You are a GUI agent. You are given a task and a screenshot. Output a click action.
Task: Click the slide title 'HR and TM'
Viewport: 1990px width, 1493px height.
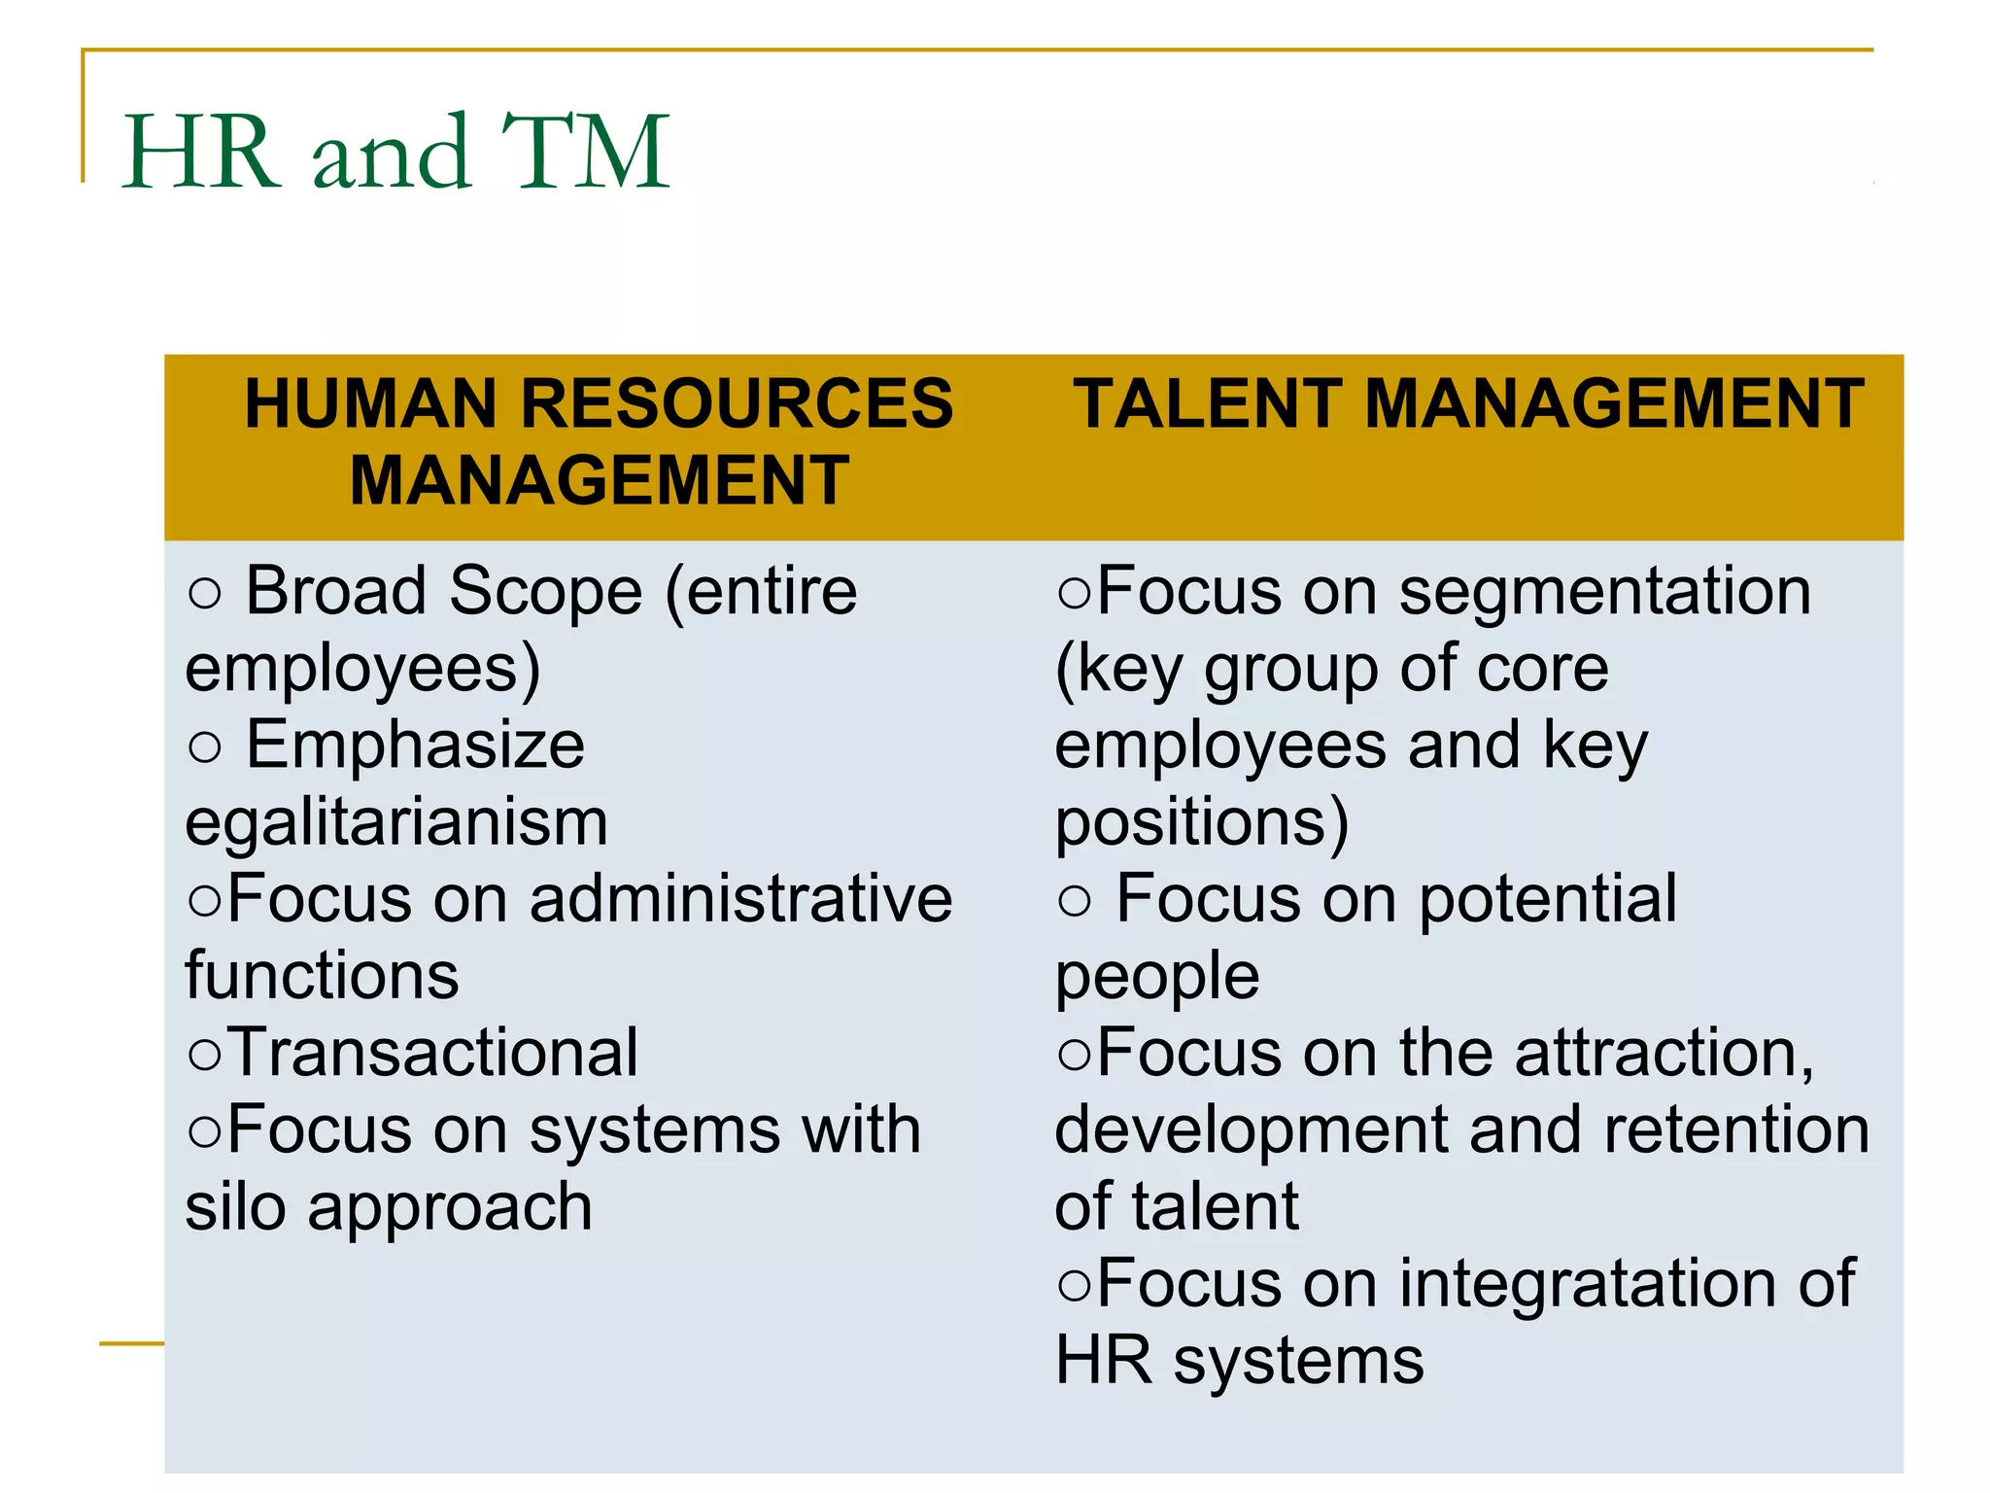click(x=395, y=152)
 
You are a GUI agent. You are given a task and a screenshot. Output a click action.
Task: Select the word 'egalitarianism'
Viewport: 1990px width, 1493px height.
click(x=396, y=823)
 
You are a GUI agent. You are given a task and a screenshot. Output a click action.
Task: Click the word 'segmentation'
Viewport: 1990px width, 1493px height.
click(x=1604, y=591)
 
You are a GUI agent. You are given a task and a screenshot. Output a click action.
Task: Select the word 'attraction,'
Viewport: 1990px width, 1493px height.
click(x=1664, y=1053)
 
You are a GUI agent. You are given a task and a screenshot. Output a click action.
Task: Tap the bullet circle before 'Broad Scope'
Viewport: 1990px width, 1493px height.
click(x=205, y=593)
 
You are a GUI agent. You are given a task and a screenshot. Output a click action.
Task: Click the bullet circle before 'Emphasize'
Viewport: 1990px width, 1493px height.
click(x=205, y=747)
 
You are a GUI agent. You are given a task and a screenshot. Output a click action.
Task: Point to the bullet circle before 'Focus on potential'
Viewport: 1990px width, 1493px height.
click(x=1076, y=901)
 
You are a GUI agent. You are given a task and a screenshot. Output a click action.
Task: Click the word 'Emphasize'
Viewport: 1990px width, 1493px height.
click(x=415, y=746)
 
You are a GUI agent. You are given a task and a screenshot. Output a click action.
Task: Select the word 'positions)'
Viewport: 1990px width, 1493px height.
click(x=1202, y=823)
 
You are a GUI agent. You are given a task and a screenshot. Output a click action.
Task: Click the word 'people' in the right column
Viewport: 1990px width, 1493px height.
click(x=1157, y=978)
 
